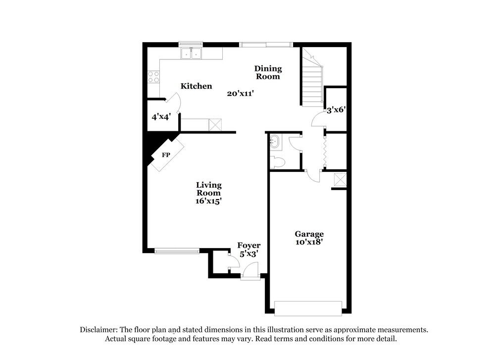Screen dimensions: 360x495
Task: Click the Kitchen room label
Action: [196, 86]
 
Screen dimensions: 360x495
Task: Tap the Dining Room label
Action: [268, 72]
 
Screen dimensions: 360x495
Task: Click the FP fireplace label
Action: [166, 155]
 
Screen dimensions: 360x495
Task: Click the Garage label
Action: [309, 234]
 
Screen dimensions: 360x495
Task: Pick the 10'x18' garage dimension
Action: [309, 242]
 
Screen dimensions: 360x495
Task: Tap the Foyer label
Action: [248, 246]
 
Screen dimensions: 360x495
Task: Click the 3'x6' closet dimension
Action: [336, 111]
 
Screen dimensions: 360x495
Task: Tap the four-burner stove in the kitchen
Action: [153, 77]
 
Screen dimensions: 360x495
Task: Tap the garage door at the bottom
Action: [308, 308]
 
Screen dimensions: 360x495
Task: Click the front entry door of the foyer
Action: [249, 271]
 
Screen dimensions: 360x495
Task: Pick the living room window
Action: [176, 251]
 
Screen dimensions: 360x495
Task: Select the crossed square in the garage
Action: [340, 179]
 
